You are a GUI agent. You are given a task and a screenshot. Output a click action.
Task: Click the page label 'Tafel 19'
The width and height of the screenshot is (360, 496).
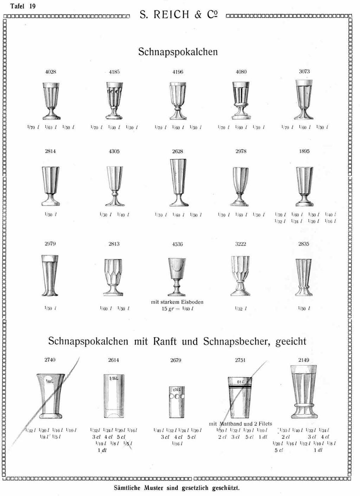tap(23, 6)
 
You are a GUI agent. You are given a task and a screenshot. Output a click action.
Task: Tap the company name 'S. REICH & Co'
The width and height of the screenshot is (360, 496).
tap(178, 15)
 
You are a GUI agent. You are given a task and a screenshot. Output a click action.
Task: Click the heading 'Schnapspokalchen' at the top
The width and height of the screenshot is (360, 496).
tap(178, 52)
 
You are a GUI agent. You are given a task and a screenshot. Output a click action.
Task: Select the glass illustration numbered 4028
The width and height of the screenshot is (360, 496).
tap(51, 101)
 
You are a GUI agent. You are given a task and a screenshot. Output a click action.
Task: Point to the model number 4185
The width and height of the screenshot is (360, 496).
tap(114, 72)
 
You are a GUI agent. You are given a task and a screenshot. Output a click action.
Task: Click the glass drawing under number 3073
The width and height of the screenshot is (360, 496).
tap(304, 100)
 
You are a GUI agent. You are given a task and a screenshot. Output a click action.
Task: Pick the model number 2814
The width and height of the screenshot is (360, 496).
tap(50, 151)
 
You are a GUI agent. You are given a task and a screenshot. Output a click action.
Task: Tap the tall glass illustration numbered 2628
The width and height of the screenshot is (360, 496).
tap(178, 182)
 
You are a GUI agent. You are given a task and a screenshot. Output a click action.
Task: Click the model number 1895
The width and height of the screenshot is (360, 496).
tap(304, 151)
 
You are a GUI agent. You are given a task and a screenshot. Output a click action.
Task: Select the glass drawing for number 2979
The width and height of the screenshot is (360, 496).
tap(50, 275)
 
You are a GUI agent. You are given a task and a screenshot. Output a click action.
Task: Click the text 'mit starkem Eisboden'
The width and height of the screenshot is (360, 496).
tap(177, 302)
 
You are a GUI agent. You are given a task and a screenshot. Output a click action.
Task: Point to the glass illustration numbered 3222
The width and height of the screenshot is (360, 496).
tap(240, 276)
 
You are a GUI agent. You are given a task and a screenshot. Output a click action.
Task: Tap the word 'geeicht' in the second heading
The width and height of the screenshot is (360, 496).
tap(291, 341)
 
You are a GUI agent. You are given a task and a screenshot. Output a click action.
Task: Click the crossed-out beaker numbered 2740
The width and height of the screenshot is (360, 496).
tap(51, 394)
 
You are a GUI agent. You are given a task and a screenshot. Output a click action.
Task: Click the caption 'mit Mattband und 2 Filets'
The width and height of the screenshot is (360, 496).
tap(240, 424)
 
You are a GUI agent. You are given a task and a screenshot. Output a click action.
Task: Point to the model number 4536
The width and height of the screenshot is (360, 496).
tap(178, 244)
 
